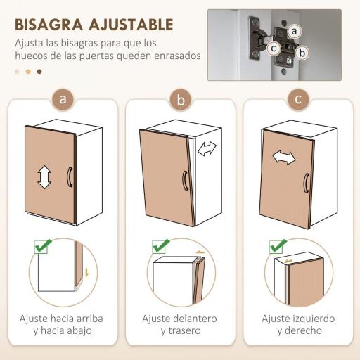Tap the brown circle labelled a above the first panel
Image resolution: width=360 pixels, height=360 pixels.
tap(63, 99)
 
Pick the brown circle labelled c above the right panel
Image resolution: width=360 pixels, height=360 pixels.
tap(298, 99)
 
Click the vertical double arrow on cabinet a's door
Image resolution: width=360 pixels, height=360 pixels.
tap(44, 176)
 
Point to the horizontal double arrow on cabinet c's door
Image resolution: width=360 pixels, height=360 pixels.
tap(284, 157)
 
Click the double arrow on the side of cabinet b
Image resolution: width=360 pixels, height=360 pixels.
tap(207, 149)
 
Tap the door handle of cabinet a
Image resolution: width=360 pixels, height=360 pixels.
tap(69, 176)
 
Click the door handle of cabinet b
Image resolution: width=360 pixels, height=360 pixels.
tap(184, 180)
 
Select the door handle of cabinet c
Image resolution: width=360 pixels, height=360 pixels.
tap(306, 182)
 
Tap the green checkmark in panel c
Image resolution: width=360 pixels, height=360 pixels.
tap(278, 246)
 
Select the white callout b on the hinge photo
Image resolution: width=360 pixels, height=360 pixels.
tap(302, 52)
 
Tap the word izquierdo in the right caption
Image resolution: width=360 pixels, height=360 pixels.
tap(309, 319)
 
